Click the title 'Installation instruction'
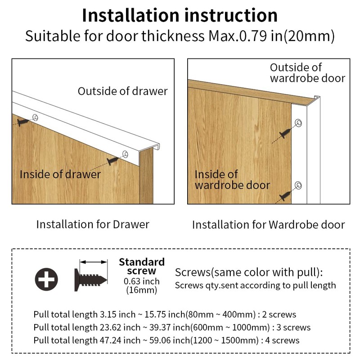(x=180, y=15)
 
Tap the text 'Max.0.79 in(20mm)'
(x=271, y=36)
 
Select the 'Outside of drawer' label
(x=122, y=91)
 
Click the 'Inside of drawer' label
(x=60, y=174)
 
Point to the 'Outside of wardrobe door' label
(x=307, y=73)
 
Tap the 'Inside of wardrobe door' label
(x=232, y=180)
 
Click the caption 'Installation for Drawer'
(x=93, y=224)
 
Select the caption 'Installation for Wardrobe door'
(x=268, y=225)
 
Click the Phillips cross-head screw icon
(x=46, y=279)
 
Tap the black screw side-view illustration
(x=90, y=280)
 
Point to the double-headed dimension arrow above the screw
(x=94, y=262)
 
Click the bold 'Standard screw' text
(x=142, y=266)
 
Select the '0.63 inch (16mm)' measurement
(x=142, y=285)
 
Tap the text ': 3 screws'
(x=291, y=328)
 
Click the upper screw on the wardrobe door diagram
(x=285, y=133)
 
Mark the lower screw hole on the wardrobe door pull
(x=298, y=185)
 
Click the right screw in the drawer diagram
(x=113, y=161)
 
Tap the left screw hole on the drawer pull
(x=36, y=117)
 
